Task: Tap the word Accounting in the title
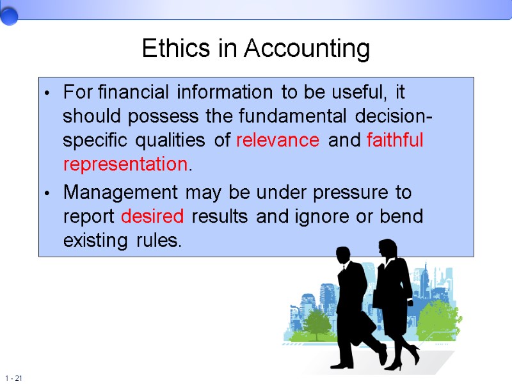pyautogui.click(x=307, y=49)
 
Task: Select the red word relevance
pyautogui.click(x=277, y=141)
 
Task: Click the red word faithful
pyautogui.click(x=395, y=140)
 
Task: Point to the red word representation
pyautogui.click(x=125, y=164)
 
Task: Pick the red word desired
pyautogui.click(x=152, y=216)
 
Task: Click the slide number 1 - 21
pyautogui.click(x=13, y=378)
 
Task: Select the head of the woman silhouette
pyautogui.click(x=388, y=247)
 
